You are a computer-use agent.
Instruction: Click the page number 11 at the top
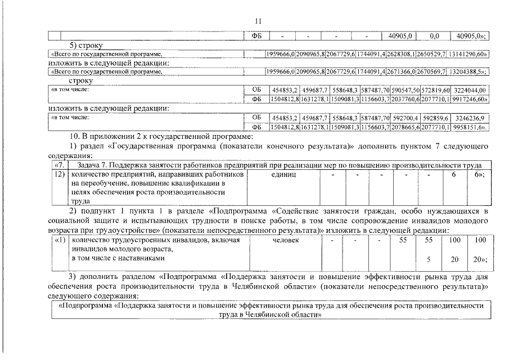point(258,21)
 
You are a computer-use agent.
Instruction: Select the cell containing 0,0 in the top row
point(434,35)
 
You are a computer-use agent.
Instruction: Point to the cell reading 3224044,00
point(470,90)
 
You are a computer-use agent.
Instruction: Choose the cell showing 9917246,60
point(470,98)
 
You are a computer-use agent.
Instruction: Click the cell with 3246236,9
point(470,118)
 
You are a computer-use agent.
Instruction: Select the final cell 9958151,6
point(470,127)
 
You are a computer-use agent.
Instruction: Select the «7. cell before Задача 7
point(59,165)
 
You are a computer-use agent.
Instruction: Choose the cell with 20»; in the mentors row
point(479,259)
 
